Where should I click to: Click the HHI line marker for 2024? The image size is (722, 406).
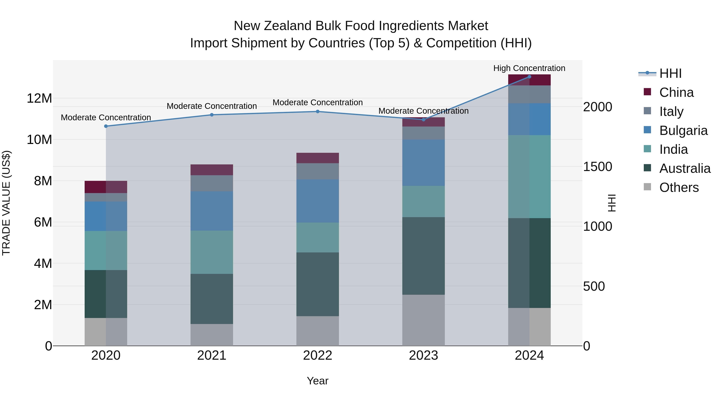[529, 77]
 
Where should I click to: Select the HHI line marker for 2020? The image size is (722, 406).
[106, 126]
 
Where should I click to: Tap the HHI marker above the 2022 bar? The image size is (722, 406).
[317, 111]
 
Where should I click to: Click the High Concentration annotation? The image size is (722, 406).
[529, 68]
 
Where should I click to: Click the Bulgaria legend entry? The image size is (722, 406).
[683, 131]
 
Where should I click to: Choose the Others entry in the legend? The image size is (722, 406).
[679, 187]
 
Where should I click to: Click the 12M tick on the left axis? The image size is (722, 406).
[39, 98]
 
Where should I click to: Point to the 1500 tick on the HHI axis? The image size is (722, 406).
[598, 167]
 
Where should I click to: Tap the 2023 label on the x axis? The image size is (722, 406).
[423, 355]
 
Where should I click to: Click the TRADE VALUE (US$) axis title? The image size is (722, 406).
[6, 203]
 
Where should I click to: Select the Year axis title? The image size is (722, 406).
[317, 381]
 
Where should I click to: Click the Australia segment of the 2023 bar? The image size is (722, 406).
[423, 256]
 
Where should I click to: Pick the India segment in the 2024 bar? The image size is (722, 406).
[529, 176]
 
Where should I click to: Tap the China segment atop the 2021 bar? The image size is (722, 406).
[212, 170]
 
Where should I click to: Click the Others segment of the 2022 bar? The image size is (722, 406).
[317, 331]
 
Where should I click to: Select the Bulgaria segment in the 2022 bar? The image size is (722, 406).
[317, 201]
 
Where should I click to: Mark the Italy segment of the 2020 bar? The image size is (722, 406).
[106, 197]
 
